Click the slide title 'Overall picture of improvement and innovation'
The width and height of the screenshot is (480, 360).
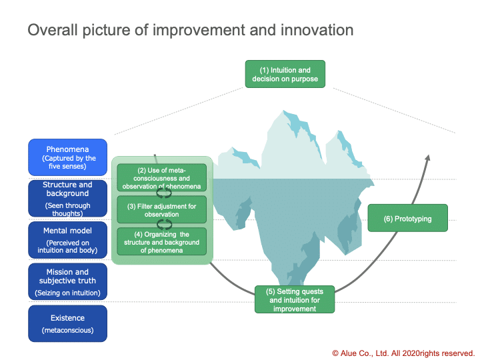[191, 30]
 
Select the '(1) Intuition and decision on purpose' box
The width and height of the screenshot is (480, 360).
[285, 74]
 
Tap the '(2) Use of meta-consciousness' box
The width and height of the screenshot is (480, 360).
[161, 177]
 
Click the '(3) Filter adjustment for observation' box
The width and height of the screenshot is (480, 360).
[161, 210]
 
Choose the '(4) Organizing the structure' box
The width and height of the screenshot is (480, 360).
[161, 241]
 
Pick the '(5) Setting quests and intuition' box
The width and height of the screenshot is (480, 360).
[295, 299]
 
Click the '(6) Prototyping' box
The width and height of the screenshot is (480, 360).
[407, 218]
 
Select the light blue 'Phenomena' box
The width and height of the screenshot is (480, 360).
[67, 157]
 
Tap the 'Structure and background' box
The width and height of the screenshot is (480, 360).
[67, 199]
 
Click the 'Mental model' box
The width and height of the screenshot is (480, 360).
[67, 240]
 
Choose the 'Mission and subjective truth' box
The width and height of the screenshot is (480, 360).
[67, 281]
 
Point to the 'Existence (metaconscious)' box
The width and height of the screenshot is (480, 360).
[67, 323]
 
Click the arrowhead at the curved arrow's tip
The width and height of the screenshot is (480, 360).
[428, 157]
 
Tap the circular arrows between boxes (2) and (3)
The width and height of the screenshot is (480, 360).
[164, 193]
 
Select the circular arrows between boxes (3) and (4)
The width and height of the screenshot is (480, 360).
[164, 225]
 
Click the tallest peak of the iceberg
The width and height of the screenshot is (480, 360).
[283, 111]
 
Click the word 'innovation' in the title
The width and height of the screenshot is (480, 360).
[317, 30]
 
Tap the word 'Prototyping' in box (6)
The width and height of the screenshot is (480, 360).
[413, 219]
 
